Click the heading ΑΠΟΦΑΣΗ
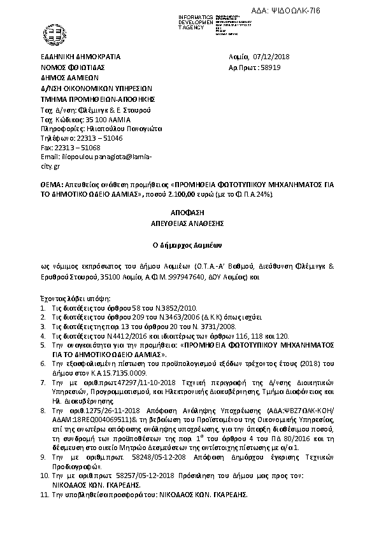point(189,211)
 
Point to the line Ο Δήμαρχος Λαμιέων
point(189,244)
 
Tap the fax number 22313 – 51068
point(68,146)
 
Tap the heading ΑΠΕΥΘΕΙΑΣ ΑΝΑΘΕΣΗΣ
point(189,223)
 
